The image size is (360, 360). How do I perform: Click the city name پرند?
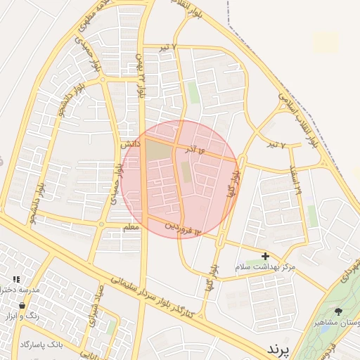pos(277,349)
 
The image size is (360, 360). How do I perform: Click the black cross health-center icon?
pos(265,257)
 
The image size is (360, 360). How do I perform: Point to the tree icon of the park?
pos(339,311)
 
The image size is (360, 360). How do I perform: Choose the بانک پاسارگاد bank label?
pos(41,344)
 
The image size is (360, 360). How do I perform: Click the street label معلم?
pos(131,227)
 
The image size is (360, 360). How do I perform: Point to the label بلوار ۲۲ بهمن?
pos(139,75)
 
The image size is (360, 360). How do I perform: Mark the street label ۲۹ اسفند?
pos(295,181)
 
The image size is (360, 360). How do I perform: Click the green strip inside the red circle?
pos(186,172)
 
